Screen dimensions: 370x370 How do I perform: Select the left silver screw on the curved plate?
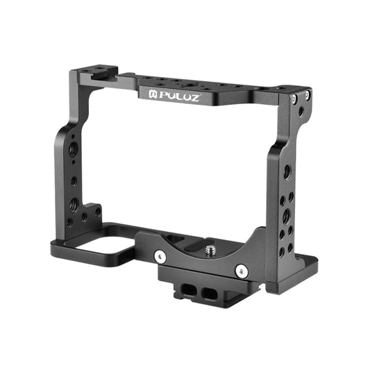point(161,256)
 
